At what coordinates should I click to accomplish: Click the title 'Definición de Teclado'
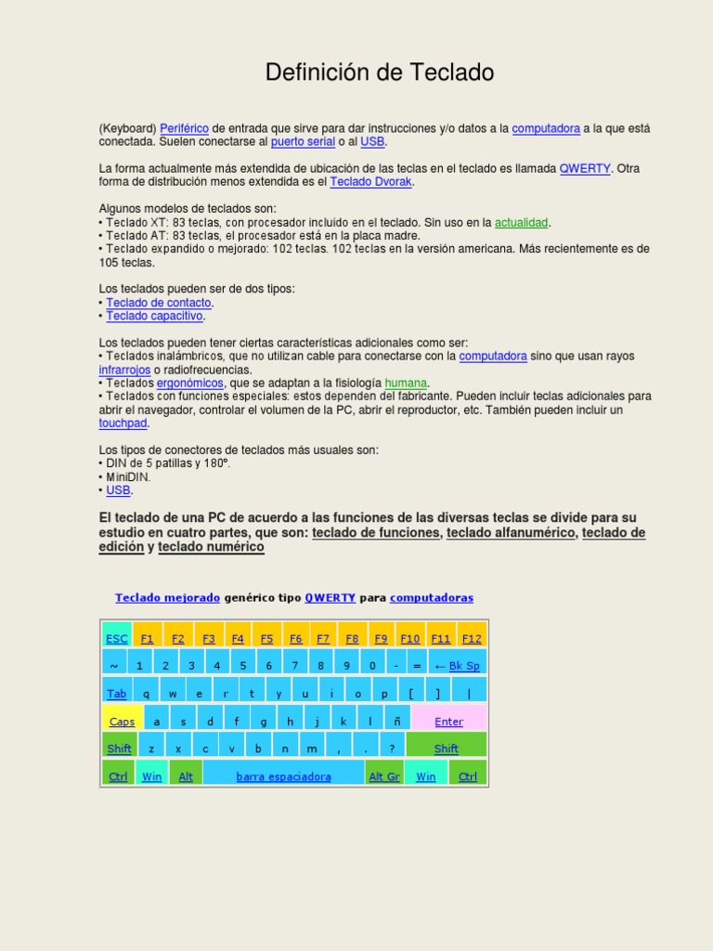click(x=379, y=72)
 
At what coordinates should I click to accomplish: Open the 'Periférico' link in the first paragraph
click(x=184, y=128)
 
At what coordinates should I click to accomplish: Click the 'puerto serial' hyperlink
click(x=301, y=142)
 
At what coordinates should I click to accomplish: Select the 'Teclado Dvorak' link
click(x=371, y=182)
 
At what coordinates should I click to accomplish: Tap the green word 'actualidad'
click(x=522, y=223)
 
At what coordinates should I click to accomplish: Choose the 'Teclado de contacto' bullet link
click(x=159, y=303)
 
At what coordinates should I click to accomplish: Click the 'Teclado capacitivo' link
click(x=154, y=316)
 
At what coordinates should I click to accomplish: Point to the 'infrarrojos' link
click(x=124, y=370)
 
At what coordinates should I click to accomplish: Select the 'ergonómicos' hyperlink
click(x=190, y=383)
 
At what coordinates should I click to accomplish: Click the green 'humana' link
click(x=406, y=383)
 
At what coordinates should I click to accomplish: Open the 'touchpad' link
click(x=123, y=423)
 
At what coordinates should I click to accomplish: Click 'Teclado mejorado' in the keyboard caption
click(x=167, y=598)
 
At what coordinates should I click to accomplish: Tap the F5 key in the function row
click(x=266, y=638)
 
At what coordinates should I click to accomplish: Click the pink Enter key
click(x=448, y=722)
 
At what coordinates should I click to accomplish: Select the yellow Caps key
click(x=122, y=722)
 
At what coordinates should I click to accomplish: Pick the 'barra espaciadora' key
click(x=283, y=776)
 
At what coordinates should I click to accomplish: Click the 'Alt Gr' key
click(x=384, y=776)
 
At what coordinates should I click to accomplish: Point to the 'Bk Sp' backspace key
click(x=459, y=666)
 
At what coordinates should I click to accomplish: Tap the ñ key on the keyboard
click(x=396, y=722)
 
